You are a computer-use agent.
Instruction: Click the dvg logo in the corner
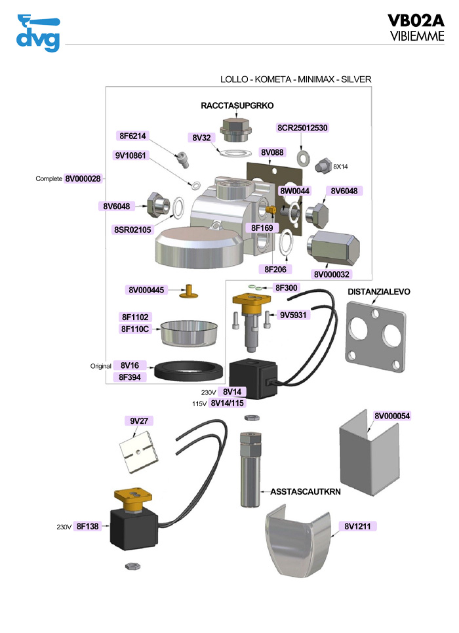tap(37, 33)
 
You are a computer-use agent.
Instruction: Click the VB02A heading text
tap(416, 20)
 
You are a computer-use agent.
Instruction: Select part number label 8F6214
tap(133, 136)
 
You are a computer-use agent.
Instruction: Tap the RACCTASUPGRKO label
tap(237, 105)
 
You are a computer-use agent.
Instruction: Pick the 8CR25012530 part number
tap(302, 127)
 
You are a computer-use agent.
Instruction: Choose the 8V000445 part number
tap(146, 290)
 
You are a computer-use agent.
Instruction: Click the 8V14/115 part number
tap(228, 403)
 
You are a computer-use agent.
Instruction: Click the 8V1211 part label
tap(359, 526)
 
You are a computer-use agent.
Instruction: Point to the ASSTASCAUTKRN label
tap(300, 491)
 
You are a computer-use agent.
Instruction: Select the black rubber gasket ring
tap(188, 371)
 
